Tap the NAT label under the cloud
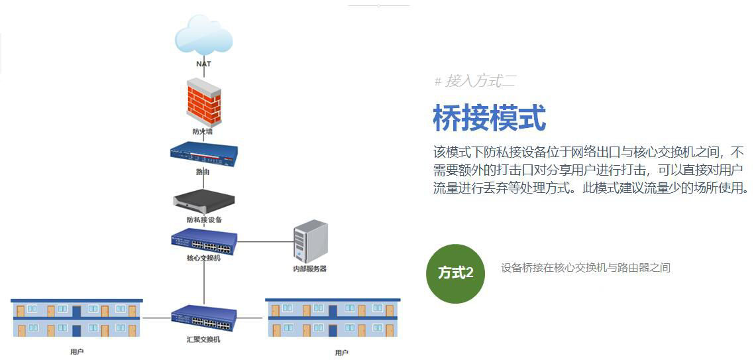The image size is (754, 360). pyautogui.click(x=203, y=64)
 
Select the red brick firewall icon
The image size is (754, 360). pyautogui.click(x=203, y=102)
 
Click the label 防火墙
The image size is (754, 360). pyautogui.click(x=203, y=131)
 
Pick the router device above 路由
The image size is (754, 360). pyautogui.click(x=203, y=153)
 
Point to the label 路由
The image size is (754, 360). pyautogui.click(x=203, y=172)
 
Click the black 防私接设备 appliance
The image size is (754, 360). pyautogui.click(x=203, y=200)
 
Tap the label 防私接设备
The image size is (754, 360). pyautogui.click(x=203, y=219)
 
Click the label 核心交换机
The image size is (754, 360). pyautogui.click(x=203, y=258)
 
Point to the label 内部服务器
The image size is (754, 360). pyautogui.click(x=310, y=269)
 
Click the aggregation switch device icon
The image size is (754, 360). pyautogui.click(x=203, y=319)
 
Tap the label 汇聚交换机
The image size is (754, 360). pyautogui.click(x=203, y=339)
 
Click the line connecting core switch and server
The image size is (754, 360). pyautogui.click(x=265, y=242)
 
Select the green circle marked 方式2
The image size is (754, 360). pyautogui.click(x=456, y=273)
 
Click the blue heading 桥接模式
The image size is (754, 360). pyautogui.click(x=489, y=118)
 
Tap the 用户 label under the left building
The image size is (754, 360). pyautogui.click(x=77, y=351)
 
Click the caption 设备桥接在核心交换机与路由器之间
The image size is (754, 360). pyautogui.click(x=586, y=268)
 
